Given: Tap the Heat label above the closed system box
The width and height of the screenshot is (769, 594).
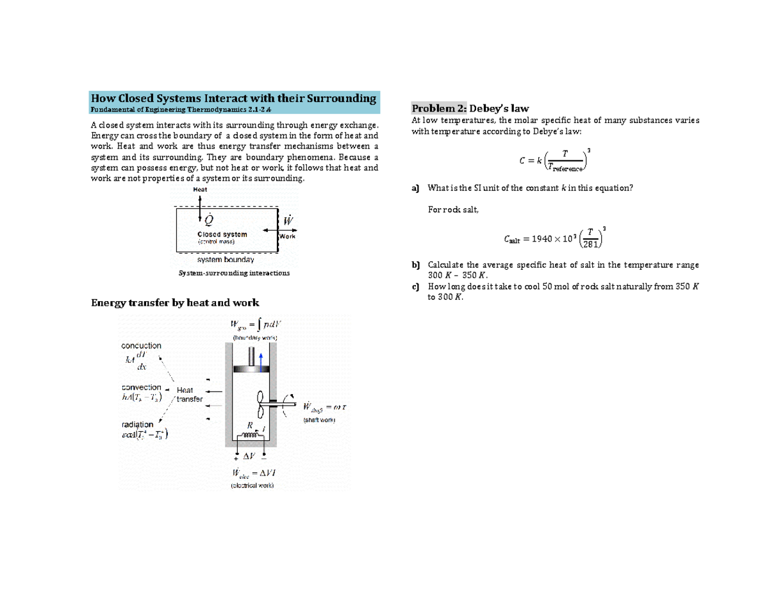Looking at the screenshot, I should coord(200,190).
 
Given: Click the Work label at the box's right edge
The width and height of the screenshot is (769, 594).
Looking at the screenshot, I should coord(287,236).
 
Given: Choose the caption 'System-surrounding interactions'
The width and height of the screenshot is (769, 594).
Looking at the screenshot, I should coord(233,272).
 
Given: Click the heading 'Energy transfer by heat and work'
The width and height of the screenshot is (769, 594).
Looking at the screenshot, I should coord(175,302).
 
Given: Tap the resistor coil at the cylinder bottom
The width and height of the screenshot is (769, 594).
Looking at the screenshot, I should coord(251,436).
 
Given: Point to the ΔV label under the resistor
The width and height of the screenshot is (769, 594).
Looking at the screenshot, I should coord(249,456).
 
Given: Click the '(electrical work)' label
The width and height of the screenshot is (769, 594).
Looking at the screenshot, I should coord(252,485).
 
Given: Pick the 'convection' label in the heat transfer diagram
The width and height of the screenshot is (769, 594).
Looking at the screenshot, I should coord(141,387).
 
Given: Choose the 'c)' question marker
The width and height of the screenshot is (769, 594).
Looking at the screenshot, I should coord(415,286).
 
